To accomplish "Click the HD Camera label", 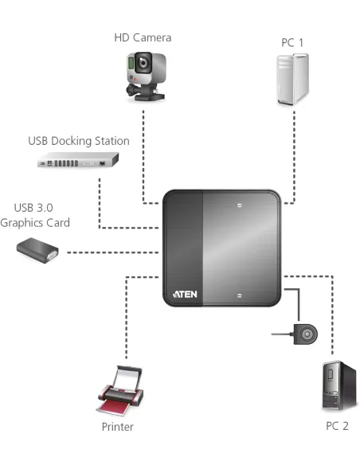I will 143,37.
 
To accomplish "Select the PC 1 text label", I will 292,41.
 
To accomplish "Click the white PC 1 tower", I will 292,80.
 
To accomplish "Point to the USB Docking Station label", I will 78,141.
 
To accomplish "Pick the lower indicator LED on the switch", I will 240,294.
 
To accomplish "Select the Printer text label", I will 117,428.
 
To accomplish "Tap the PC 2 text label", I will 337,426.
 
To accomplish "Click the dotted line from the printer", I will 126,318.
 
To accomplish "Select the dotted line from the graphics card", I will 112,252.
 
